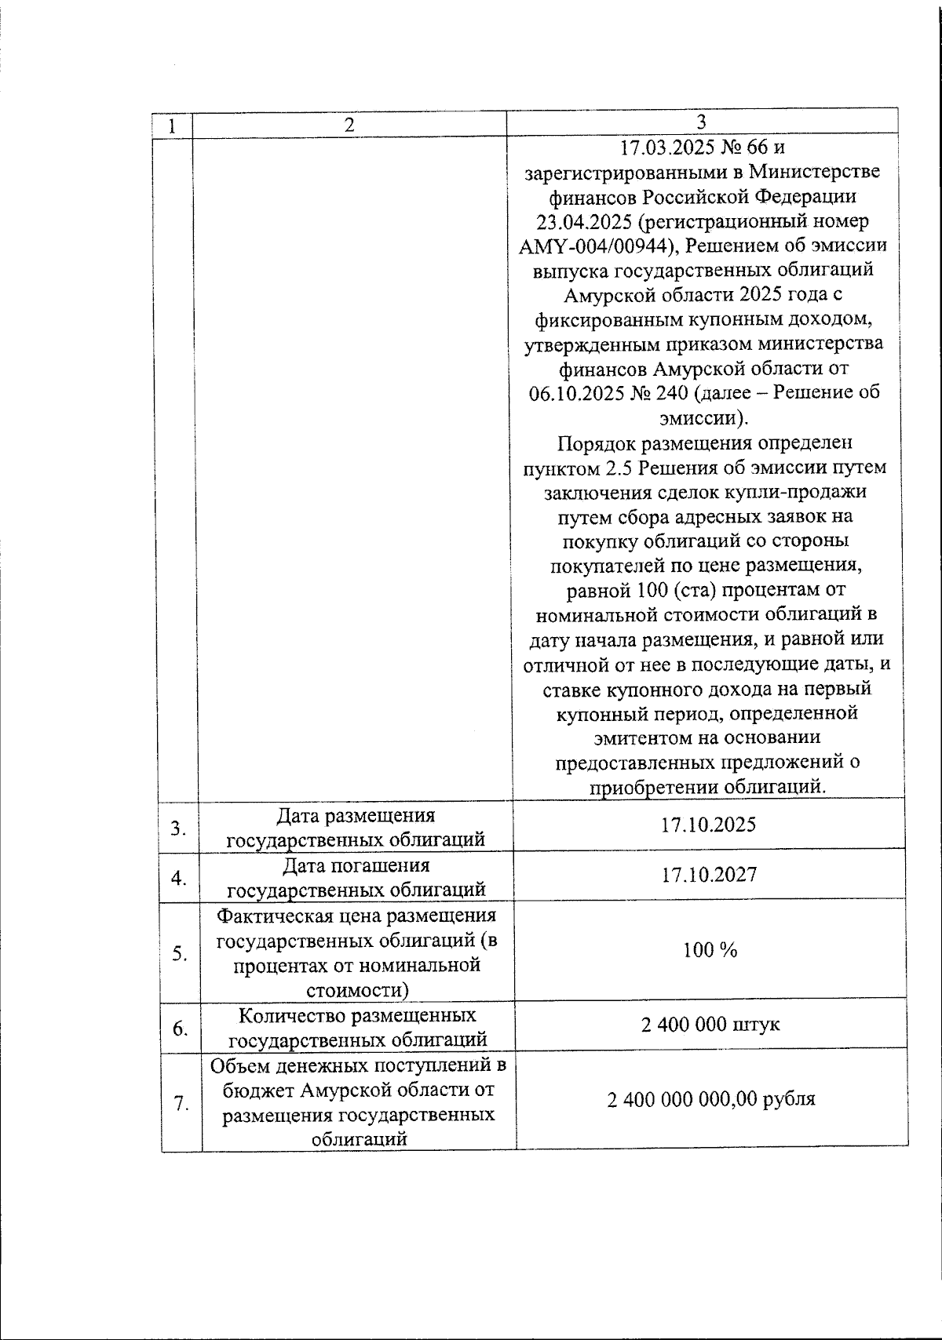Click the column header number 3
(x=701, y=122)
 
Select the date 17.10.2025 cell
(x=708, y=825)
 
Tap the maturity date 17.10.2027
(x=709, y=875)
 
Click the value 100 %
(x=710, y=951)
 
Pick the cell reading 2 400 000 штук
(x=710, y=1025)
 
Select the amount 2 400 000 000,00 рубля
(x=710, y=1099)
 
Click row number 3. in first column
(x=179, y=828)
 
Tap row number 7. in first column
(x=181, y=1104)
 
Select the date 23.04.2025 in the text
(x=579, y=221)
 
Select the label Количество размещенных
(x=357, y=1015)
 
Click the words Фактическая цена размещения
(x=356, y=915)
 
